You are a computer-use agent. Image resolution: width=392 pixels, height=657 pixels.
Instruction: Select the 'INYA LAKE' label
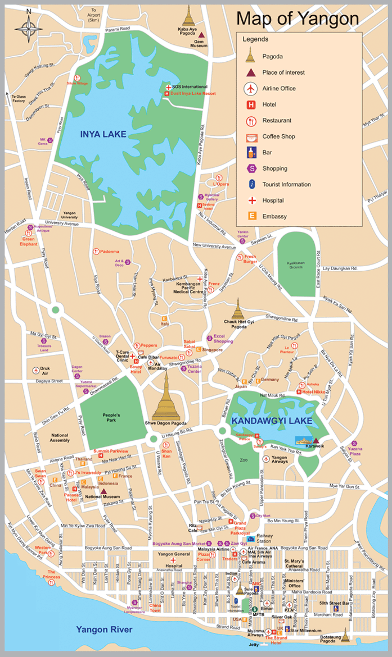click(x=103, y=134)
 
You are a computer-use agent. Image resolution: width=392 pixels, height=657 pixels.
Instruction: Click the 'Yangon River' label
click(x=104, y=629)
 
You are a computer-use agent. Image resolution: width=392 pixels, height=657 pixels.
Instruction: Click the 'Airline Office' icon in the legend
click(x=251, y=88)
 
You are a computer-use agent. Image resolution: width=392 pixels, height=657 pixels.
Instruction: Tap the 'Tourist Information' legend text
click(x=286, y=184)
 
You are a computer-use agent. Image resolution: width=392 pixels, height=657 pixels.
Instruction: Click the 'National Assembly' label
click(x=60, y=438)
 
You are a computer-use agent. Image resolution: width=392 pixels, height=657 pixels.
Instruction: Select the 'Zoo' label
click(x=243, y=459)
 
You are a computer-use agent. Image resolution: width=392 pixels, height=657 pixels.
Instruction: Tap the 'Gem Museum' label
click(x=197, y=43)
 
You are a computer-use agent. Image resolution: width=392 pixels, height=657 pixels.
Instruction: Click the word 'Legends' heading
click(x=255, y=39)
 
